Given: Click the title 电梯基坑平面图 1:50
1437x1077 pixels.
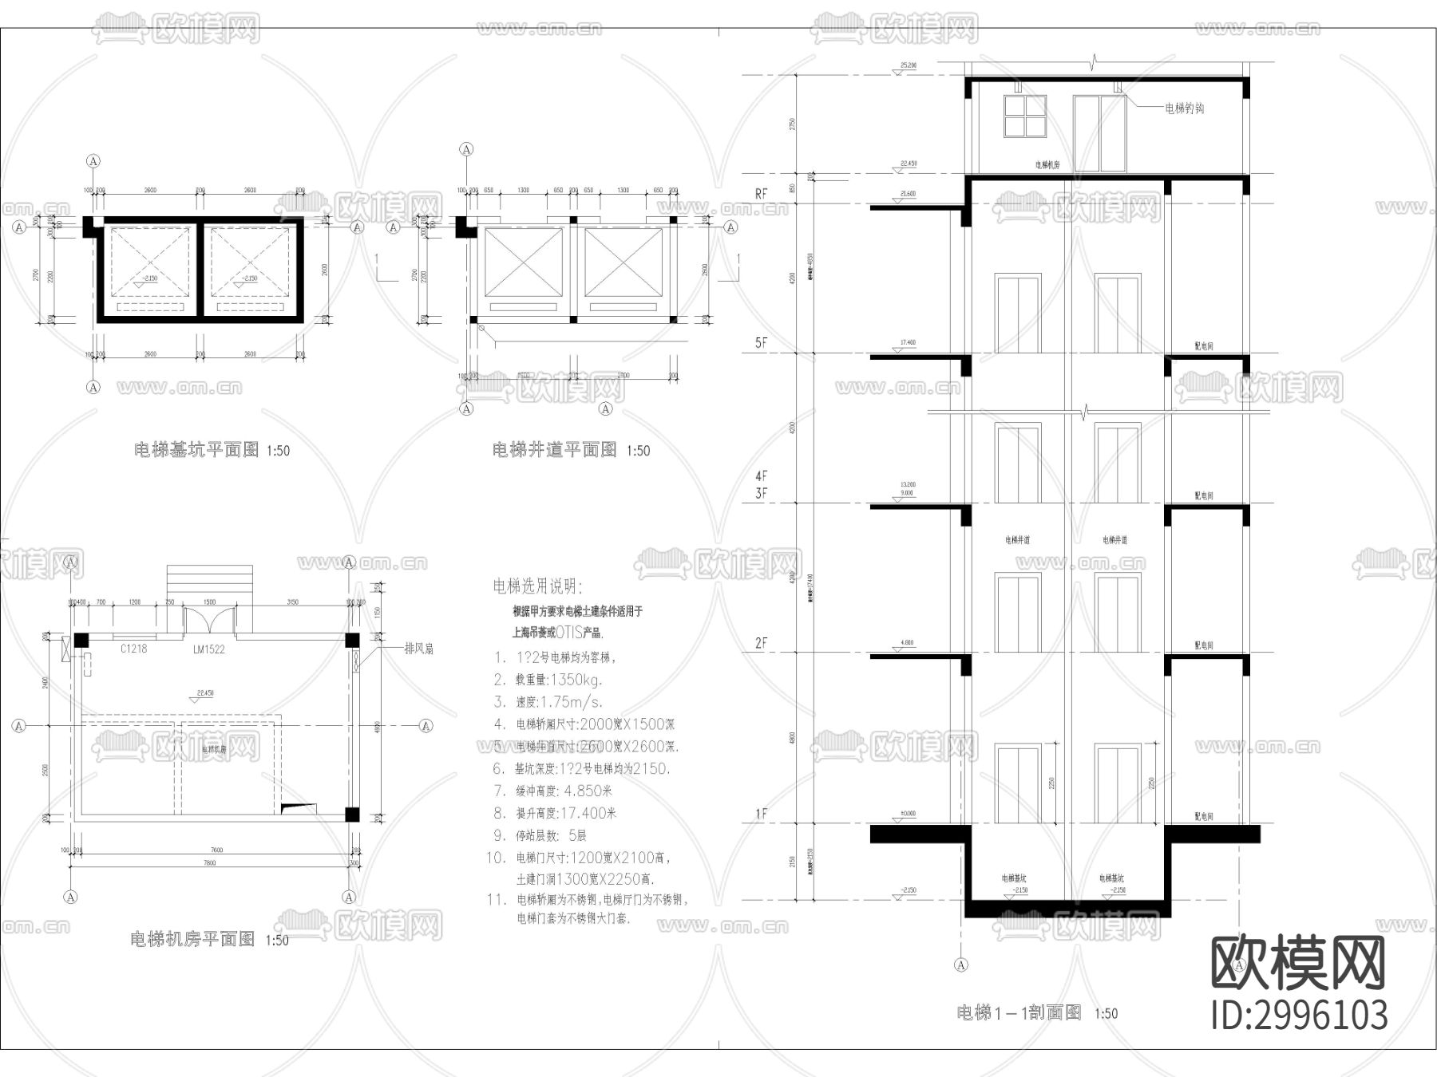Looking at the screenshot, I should (x=212, y=450).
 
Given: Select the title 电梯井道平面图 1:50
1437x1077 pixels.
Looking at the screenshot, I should (x=571, y=450).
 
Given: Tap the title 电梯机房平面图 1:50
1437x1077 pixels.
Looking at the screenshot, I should (x=209, y=940).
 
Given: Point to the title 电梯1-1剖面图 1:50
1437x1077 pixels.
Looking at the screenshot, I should (x=1037, y=1013).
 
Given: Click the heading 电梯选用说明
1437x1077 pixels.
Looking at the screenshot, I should (x=537, y=587).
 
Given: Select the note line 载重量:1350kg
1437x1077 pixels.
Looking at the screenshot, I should (x=558, y=680).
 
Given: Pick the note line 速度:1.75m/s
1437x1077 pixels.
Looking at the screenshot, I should (x=558, y=702).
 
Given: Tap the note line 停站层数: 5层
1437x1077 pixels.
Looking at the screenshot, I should (x=551, y=835).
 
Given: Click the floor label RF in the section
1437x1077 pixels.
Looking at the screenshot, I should (x=761, y=194).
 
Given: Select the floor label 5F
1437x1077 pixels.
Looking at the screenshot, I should (x=761, y=342).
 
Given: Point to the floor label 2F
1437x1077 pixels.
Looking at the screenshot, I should (x=761, y=642).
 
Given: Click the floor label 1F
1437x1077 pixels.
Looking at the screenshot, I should (x=761, y=814).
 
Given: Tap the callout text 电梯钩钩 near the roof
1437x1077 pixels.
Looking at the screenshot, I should (x=1185, y=108).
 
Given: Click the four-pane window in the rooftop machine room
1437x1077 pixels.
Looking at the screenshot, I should (x=1024, y=116).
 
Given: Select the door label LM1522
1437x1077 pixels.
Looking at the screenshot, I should (x=209, y=649).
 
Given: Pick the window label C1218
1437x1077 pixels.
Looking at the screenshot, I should (x=133, y=649).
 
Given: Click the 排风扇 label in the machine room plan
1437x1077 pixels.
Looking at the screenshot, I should (x=418, y=649).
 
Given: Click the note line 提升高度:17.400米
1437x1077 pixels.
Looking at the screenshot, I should (x=565, y=813).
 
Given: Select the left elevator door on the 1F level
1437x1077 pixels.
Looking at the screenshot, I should (x=1018, y=784).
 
